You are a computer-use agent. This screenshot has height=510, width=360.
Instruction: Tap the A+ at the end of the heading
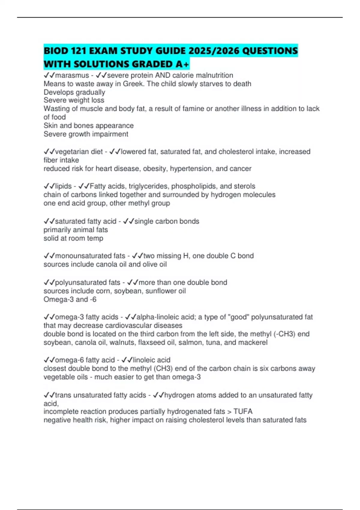(x=182, y=64)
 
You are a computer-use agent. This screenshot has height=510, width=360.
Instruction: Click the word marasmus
(x=72, y=75)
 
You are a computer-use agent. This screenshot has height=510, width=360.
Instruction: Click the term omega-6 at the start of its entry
(x=70, y=360)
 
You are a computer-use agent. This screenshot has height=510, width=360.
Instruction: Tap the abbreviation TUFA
(x=243, y=411)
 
